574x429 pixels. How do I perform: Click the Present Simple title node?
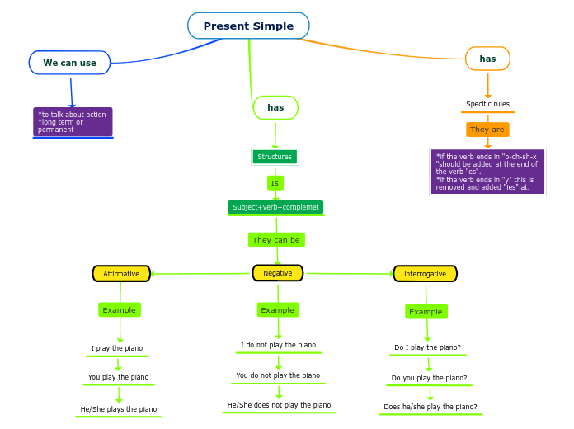pos(248,26)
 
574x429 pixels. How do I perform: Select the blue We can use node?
pos(69,63)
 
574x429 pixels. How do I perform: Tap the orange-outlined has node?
pos(487,59)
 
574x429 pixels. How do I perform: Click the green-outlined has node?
pos(275,107)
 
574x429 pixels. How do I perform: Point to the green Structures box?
pos(275,157)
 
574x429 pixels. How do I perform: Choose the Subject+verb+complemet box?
pos(275,207)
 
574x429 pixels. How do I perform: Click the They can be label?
pos(276,240)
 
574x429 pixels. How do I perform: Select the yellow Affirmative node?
pos(121,274)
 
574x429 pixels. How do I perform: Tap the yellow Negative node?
pos(278,273)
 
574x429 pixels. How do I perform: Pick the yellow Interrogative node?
pos(425,274)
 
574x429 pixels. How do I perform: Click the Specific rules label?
pos(487,104)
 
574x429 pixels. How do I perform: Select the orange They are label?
pos(487,130)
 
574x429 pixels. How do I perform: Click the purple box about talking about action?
pos(73,122)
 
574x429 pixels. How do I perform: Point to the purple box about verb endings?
pos(487,172)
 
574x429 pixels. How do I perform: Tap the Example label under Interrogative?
pos(426,312)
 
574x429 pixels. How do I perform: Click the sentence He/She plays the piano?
pos(119,409)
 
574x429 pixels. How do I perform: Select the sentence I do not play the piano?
pos(278,345)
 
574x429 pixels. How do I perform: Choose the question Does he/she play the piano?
pos(430,407)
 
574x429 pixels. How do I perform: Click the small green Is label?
pos(275,182)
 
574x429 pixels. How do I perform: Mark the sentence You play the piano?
pos(119,377)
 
